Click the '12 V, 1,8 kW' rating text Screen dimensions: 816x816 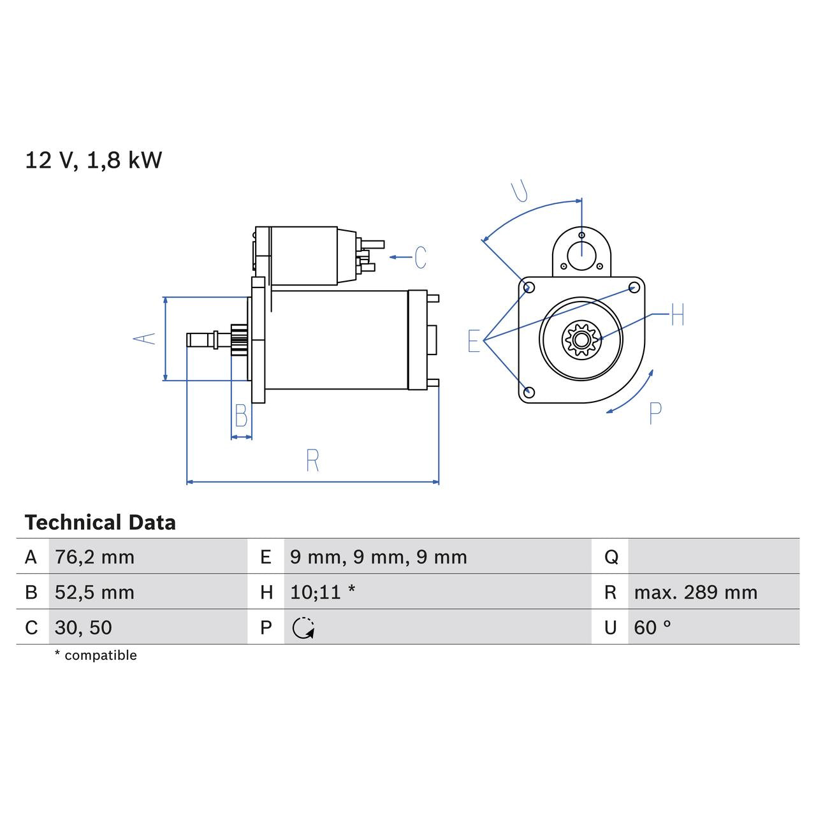[x=94, y=160]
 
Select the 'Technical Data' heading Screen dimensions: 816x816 [x=100, y=523]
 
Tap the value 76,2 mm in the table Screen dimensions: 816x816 [x=94, y=557]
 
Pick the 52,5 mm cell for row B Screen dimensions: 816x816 [x=94, y=592]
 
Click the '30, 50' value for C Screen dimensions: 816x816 [x=83, y=627]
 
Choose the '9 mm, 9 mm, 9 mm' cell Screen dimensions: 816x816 [x=378, y=557]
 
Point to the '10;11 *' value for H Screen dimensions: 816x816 [x=322, y=592]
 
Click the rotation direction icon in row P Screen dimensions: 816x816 [x=303, y=628]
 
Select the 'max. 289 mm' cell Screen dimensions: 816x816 [x=695, y=592]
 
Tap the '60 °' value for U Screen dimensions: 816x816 [x=652, y=627]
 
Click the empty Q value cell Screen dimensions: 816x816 [x=713, y=557]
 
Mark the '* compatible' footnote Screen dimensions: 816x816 [x=96, y=655]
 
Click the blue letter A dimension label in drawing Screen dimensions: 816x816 [x=145, y=338]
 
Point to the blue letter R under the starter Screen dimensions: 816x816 [x=312, y=460]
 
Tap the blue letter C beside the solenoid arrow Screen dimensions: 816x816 [x=420, y=258]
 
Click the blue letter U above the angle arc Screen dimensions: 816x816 [x=520, y=191]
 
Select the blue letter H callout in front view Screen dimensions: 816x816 [x=677, y=314]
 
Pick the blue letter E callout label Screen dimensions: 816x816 [x=473, y=341]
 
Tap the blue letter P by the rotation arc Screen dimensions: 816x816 [x=655, y=414]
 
